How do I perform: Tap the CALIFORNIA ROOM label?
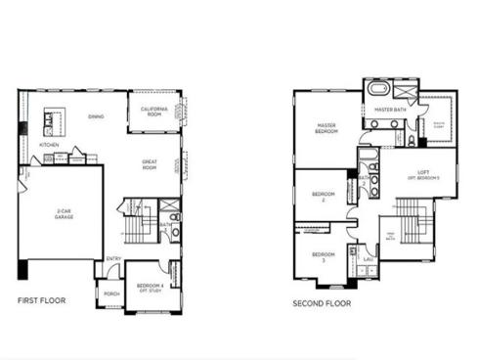coord(153,110)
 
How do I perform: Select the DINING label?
coord(96,117)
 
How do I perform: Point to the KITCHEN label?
coord(49,145)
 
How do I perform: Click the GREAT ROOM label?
coord(150,165)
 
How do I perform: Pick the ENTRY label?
coord(114,258)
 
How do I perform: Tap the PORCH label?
coord(111,292)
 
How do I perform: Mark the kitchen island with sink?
coord(50,122)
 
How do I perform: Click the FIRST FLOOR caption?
coord(42,300)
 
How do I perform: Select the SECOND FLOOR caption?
coord(323,303)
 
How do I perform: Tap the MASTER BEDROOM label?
coord(327,128)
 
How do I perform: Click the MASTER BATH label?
coord(390,111)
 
